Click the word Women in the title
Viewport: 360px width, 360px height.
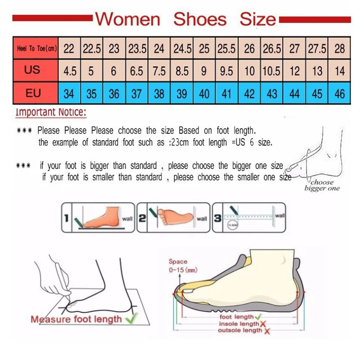point(127,19)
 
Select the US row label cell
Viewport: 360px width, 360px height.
point(32,70)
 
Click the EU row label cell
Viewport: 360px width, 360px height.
point(33,93)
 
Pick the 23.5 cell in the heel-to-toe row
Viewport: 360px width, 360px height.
point(136,49)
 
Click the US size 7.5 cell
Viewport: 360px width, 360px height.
point(159,71)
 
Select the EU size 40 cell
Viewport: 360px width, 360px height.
point(204,94)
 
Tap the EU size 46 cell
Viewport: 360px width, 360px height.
point(339,94)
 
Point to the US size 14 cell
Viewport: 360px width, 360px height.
point(339,71)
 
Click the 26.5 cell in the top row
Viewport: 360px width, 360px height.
point(272,49)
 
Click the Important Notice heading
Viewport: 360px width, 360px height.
point(50,112)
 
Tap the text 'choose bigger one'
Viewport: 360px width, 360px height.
point(321,185)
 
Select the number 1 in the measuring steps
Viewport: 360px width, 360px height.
point(66,219)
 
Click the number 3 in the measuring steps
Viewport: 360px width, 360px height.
point(217,218)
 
